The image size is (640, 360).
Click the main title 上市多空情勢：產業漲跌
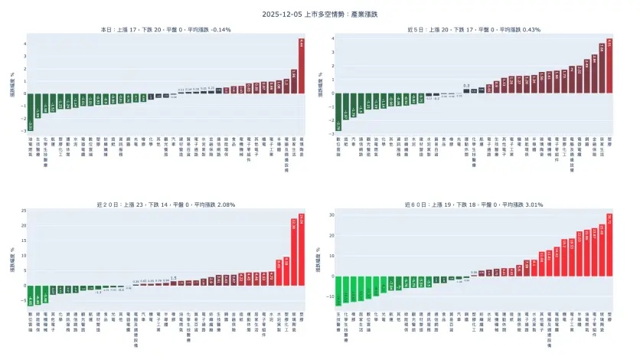click(320, 14)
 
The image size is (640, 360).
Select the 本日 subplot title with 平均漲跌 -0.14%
click(166, 30)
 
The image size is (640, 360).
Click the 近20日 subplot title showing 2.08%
click(166, 205)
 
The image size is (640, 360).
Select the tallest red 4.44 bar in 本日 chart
click(302, 67)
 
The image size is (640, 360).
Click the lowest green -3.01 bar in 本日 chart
click(31, 111)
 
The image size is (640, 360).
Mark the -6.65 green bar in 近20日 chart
click(31, 295)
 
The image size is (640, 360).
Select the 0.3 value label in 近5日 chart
click(466, 86)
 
